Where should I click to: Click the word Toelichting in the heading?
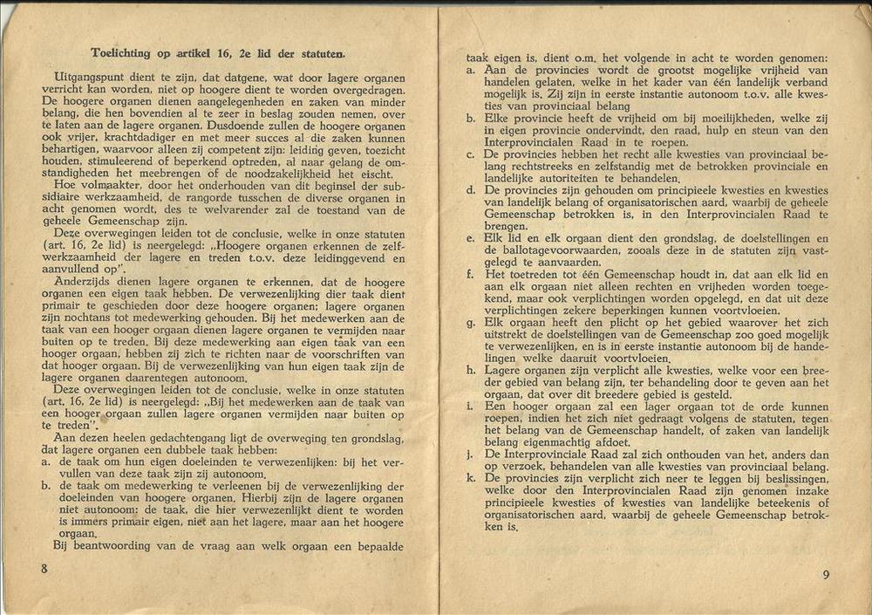122,52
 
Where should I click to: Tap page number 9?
826,574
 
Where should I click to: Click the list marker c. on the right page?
470,154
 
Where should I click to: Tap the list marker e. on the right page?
470,238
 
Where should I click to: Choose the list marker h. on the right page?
470,370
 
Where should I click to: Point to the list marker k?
470,478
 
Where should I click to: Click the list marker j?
470,454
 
